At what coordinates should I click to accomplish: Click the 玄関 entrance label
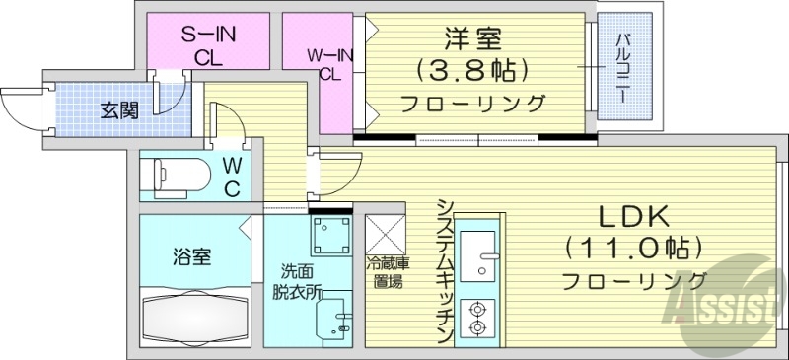pyautogui.click(x=118, y=108)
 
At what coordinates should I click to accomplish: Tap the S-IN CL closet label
pyautogui.click(x=207, y=45)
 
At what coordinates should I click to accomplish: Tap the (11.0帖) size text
pyautogui.click(x=634, y=247)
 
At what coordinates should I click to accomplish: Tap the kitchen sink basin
pyautogui.click(x=480, y=254)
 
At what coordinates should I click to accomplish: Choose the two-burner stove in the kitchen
pyautogui.click(x=478, y=316)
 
